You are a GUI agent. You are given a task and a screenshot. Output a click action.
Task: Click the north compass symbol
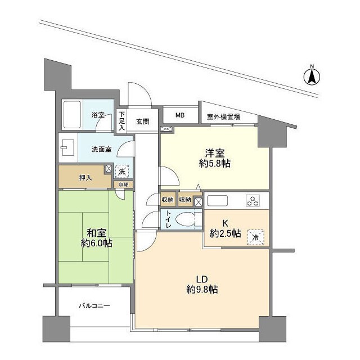[312, 76]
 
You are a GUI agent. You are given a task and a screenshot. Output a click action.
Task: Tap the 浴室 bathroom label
[98, 115]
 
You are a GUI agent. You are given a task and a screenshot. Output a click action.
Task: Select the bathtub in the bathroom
[72, 115]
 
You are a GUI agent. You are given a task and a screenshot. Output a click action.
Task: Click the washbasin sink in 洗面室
[67, 147]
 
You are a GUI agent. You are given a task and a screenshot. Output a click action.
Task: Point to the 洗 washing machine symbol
[121, 171]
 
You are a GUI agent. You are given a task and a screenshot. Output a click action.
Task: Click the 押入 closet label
[85, 178]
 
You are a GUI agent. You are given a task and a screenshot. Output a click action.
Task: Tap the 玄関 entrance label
[143, 121]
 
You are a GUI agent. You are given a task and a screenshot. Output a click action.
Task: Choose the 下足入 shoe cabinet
[121, 121]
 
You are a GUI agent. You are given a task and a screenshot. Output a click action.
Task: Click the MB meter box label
[180, 115]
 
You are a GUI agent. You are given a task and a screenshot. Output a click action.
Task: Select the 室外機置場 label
[223, 117]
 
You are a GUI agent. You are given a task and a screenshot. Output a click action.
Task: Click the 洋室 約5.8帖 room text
[215, 158]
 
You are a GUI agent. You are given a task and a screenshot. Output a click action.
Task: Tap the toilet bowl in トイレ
[186, 219]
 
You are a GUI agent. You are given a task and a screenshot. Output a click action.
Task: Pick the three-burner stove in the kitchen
[253, 200]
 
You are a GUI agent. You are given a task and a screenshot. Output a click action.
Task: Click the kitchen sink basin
[218, 200]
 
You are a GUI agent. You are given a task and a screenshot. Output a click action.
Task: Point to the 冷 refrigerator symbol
[256, 237]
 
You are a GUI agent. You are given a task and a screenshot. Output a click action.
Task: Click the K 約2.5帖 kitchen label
[225, 228]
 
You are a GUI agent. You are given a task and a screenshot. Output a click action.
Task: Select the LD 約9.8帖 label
[202, 285]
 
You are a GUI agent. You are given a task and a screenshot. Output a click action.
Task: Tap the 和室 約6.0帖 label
[96, 238]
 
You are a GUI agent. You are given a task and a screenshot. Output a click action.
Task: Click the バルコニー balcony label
[94, 306]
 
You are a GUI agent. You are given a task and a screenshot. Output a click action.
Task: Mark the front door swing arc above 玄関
[145, 89]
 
